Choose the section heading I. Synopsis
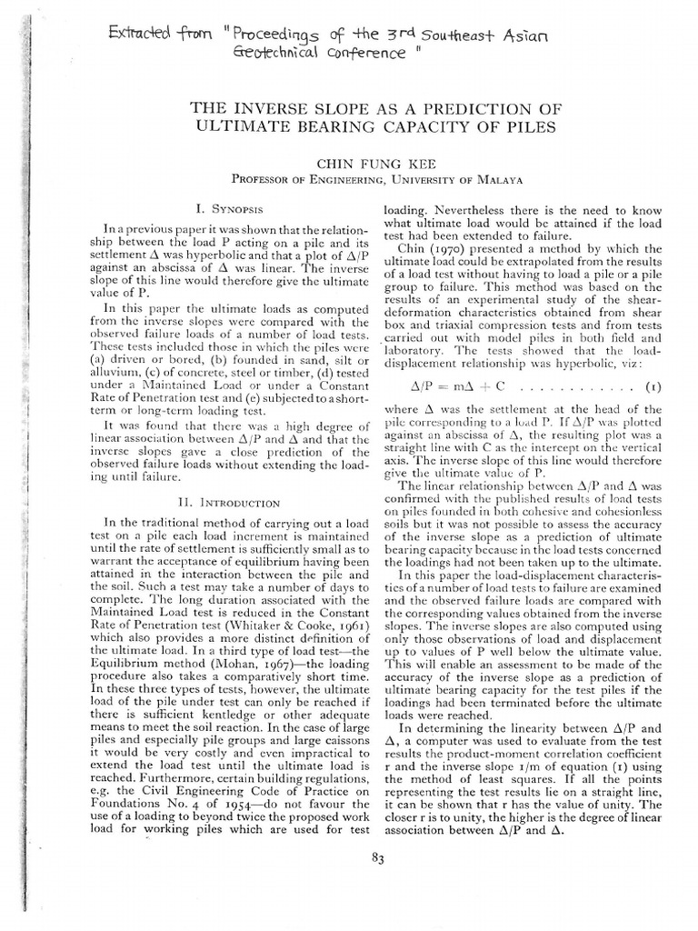click(x=212, y=208)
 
